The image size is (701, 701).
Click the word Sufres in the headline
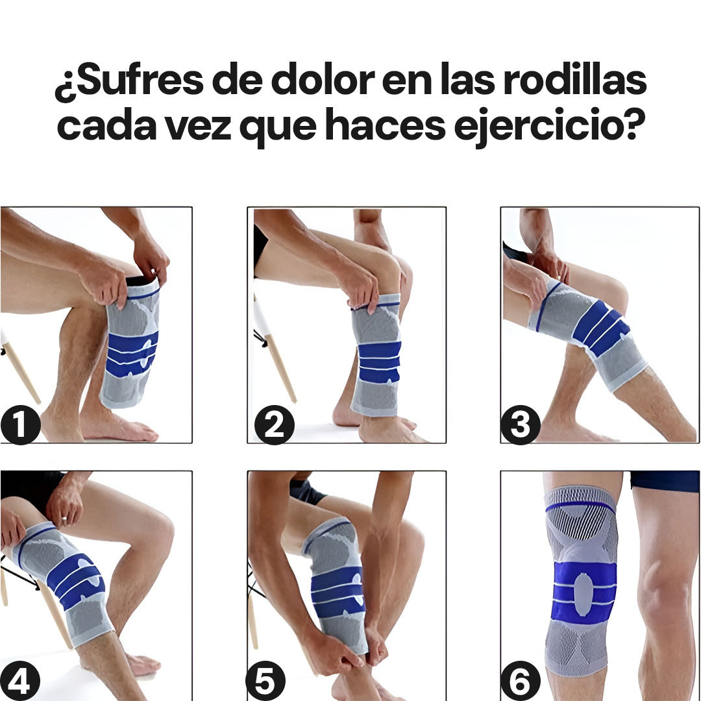click(134, 80)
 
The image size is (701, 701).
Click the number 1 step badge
click(21, 424)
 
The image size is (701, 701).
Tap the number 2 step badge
click(275, 424)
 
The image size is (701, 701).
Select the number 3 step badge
click(521, 424)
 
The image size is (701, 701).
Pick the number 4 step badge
click(20, 681)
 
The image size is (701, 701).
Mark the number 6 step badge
click(521, 681)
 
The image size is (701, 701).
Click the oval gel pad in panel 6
click(583, 593)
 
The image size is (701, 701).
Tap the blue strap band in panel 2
click(379, 362)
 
